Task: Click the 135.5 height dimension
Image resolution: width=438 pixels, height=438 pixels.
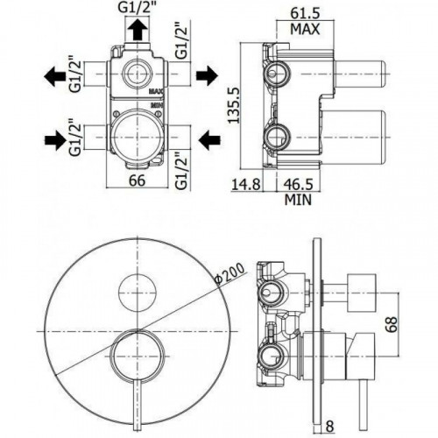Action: point(234,104)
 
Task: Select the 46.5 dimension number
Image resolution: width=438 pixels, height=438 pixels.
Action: point(299,185)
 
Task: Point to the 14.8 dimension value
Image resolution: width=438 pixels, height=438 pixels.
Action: point(246,185)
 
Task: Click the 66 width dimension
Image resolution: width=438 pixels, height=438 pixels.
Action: point(137,180)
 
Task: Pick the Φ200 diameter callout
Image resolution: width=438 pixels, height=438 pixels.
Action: point(230,273)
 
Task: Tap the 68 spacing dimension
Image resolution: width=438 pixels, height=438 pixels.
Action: point(392,324)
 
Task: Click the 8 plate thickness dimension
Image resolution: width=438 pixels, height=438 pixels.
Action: point(329,427)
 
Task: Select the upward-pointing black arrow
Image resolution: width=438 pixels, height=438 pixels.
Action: point(138,31)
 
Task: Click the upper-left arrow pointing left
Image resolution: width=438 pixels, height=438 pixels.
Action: point(54,76)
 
